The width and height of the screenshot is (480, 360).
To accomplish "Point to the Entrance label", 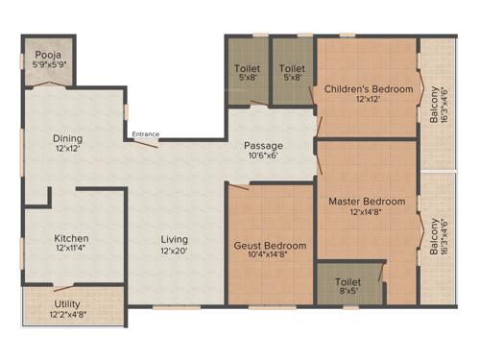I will tap(146, 133).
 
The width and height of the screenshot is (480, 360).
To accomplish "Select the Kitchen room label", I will tap(71, 238).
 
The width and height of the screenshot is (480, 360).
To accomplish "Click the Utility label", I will tap(67, 304).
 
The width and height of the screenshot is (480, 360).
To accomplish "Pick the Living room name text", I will tap(175, 239).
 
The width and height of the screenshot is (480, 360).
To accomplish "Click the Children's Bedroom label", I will tap(368, 89).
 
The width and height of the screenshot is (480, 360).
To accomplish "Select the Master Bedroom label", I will tap(367, 202).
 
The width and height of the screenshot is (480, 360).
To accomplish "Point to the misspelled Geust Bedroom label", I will tap(271, 246).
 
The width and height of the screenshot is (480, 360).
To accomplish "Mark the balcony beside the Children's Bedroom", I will tap(438, 110).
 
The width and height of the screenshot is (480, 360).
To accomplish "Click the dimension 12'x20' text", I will tap(175, 252).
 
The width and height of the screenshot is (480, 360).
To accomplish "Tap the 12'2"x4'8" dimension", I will tap(67, 315).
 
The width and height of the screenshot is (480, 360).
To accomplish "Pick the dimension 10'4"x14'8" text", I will tap(271, 256).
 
